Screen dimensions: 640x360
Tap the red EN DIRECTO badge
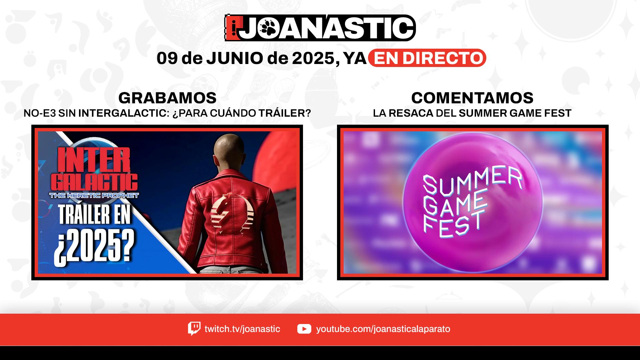(427, 58)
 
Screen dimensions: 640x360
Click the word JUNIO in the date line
(235, 58)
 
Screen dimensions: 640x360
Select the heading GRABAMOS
(167, 98)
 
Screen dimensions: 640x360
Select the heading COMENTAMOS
(472, 98)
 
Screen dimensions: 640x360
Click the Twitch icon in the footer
(194, 329)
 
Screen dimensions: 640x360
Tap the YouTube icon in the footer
(304, 329)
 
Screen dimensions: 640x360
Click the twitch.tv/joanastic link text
(242, 329)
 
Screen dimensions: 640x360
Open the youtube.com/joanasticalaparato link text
(383, 329)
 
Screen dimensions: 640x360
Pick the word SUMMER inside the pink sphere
(472, 182)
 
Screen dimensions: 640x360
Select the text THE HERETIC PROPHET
(94, 195)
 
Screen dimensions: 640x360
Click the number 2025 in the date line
(314, 58)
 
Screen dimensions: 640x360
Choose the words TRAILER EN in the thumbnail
(95, 216)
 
